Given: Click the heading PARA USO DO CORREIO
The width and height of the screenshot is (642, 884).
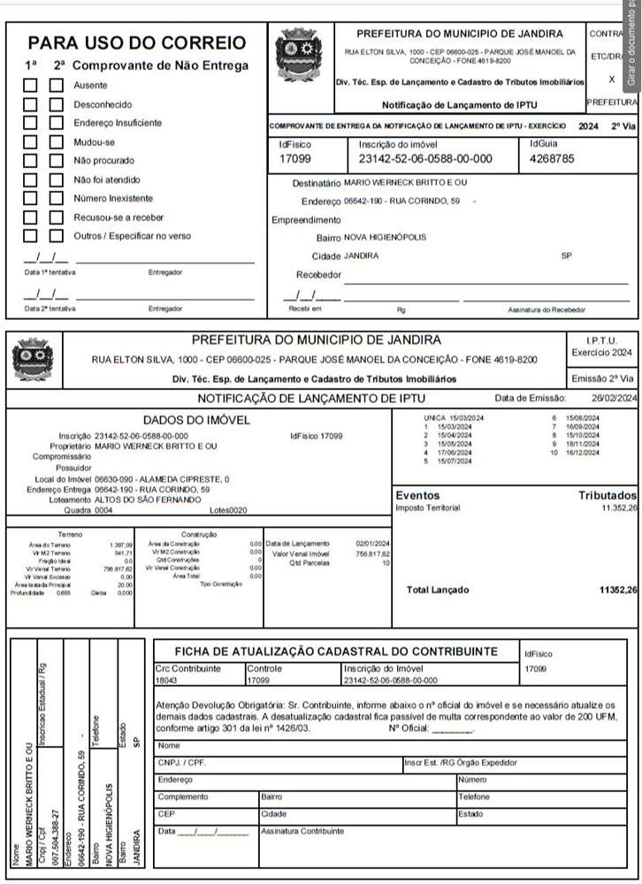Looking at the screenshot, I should point(136,42).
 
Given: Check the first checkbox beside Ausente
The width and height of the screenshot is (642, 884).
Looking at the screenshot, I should point(31,86).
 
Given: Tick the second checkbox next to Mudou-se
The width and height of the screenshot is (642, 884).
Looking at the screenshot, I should point(57,141).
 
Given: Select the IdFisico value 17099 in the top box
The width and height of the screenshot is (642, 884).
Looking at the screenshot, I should point(295,159).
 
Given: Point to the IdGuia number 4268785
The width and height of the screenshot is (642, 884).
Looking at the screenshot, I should point(551,159).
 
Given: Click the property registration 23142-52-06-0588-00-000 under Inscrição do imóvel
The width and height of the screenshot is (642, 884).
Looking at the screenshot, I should point(425,159).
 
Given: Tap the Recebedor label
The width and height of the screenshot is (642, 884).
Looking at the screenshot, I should point(317,274).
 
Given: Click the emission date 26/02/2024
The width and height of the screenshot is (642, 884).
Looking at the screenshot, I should point(615,399).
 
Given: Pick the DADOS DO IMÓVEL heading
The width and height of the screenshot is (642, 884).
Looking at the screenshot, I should point(196,420).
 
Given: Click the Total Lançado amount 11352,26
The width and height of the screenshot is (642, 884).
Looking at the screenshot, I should point(617,589).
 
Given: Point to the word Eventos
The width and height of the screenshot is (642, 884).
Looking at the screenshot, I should point(417,496).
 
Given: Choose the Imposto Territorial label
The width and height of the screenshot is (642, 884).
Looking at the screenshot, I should point(428,507).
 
